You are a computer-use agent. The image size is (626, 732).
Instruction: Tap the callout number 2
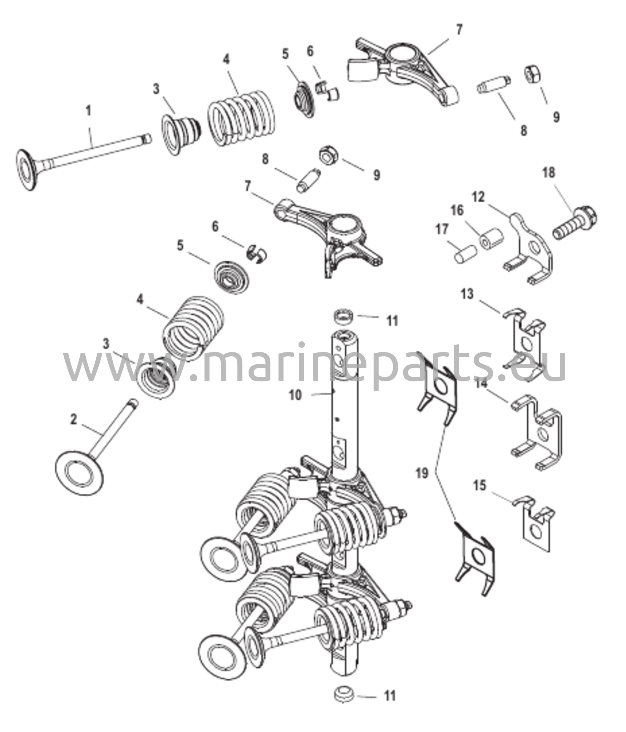73,420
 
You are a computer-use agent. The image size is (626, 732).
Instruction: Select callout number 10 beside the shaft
296,395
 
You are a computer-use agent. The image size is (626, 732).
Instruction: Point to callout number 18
549,173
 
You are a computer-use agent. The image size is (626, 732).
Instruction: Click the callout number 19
422,474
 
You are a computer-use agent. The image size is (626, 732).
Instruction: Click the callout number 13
467,295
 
